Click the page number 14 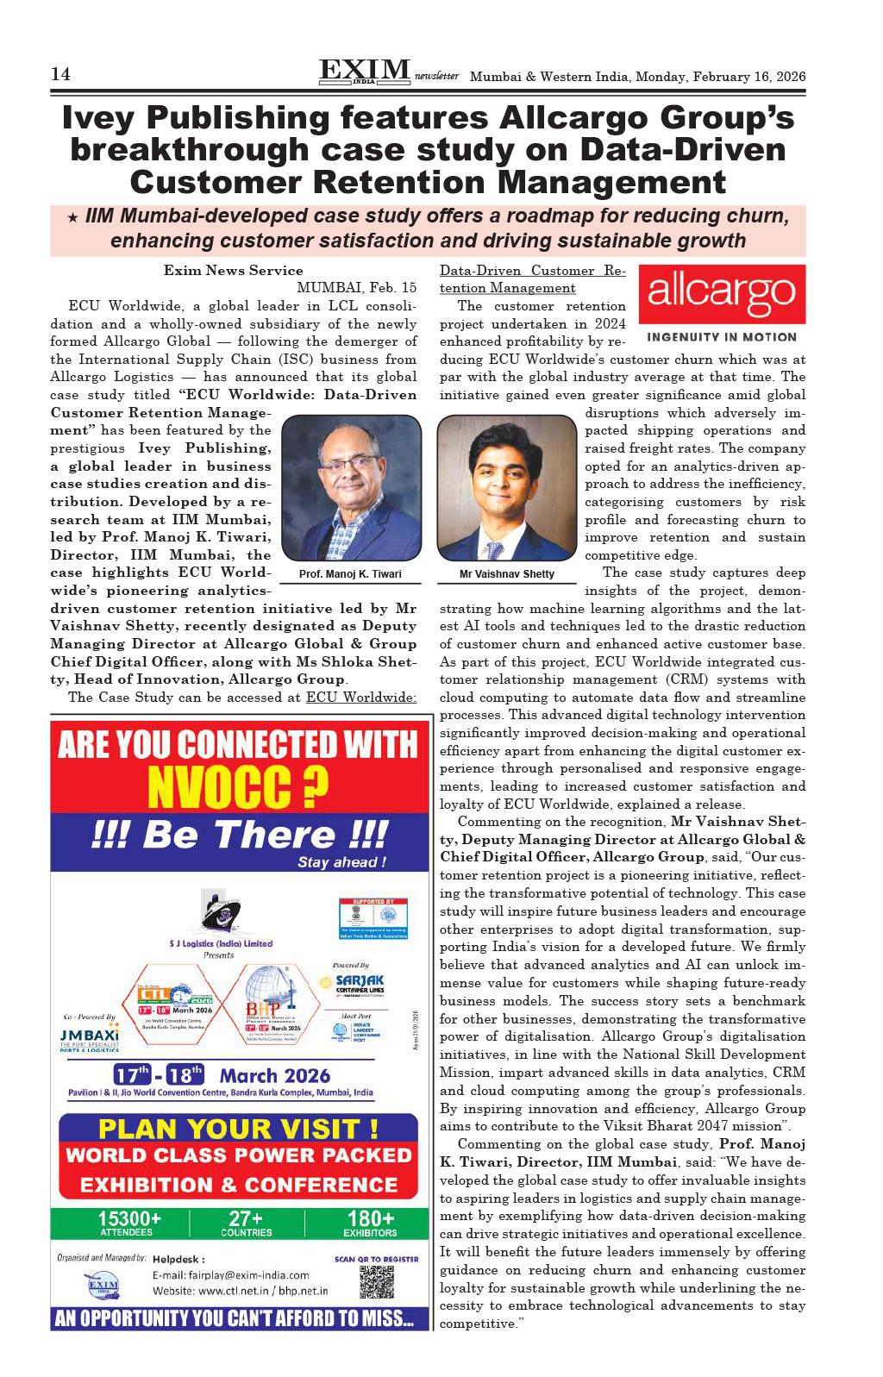point(60,75)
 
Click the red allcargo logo point(721,294)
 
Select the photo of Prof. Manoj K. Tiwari point(350,488)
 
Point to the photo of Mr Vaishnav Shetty point(506,488)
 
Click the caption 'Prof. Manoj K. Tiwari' point(350,574)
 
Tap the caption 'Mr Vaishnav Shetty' point(507,574)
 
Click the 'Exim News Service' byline point(234,271)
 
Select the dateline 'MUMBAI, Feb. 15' point(356,288)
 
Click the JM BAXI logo point(89,1034)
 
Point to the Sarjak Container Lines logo point(360,984)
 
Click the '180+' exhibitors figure point(370,1218)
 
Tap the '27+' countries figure point(246,1218)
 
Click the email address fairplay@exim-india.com point(230,1275)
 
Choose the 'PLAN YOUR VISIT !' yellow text point(238,1129)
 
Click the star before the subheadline point(72,217)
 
